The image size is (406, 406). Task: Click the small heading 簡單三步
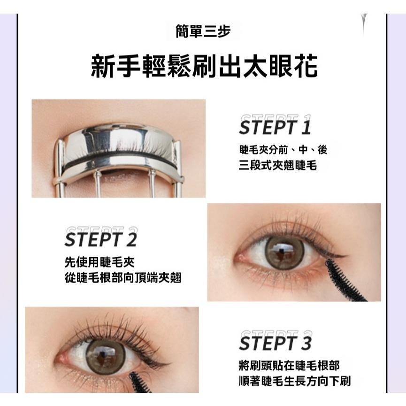point(203,32)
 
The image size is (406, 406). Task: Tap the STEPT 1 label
point(275,127)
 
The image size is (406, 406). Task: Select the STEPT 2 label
point(100,239)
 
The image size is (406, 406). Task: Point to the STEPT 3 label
point(275,343)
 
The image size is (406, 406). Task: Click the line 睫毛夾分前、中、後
point(283,150)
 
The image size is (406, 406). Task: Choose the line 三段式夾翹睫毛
point(277,165)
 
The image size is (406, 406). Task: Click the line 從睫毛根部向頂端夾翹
point(123,278)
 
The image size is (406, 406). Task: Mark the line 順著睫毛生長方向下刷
point(294,381)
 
